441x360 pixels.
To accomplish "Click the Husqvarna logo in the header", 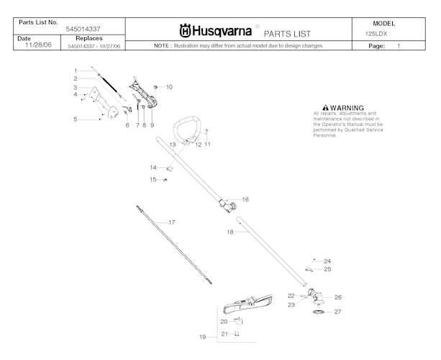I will pyautogui.click(x=215, y=32).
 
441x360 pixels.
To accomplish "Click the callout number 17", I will pyautogui.click(x=171, y=222).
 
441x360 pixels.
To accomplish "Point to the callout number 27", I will pyautogui.click(x=337, y=312).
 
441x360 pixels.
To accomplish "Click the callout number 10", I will pyautogui.click(x=169, y=87).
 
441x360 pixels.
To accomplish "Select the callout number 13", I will pyautogui.click(x=173, y=145).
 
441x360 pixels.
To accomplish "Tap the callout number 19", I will pyautogui.click(x=203, y=336).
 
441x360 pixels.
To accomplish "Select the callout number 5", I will pyautogui.click(x=75, y=120).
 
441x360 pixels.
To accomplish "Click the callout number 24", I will pyautogui.click(x=327, y=261).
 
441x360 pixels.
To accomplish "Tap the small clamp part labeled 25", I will pyautogui.click(x=309, y=270).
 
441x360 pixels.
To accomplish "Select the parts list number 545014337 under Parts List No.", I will pyautogui.click(x=83, y=29).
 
